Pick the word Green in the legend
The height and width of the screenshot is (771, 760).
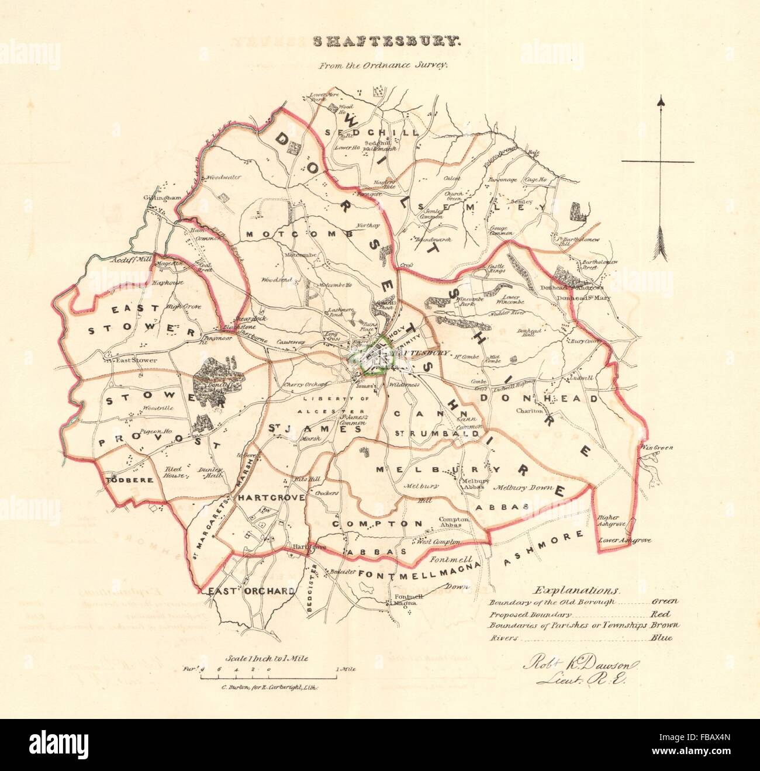(662, 601)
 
